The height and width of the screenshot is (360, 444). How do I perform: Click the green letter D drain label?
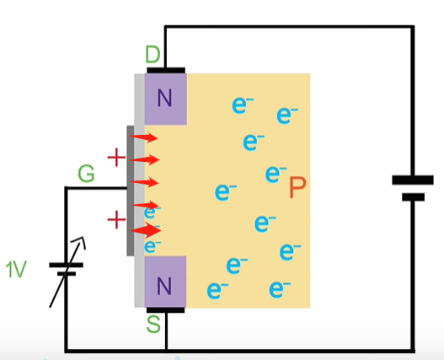pyautogui.click(x=152, y=54)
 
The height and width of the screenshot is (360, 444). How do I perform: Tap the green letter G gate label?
pyautogui.click(x=86, y=174)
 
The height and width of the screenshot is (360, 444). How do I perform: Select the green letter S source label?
pyautogui.click(x=153, y=324)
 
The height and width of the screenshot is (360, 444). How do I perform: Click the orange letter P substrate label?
pyautogui.click(x=297, y=187)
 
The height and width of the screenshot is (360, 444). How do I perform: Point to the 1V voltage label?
pyautogui.click(x=16, y=269)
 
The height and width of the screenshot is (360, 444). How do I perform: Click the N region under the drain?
pyautogui.click(x=165, y=99)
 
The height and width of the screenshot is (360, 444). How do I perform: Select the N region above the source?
pyautogui.click(x=165, y=282)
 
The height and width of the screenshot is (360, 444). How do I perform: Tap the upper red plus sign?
pyautogui.click(x=116, y=158)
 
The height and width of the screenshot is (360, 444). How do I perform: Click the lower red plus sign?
pyautogui.click(x=116, y=220)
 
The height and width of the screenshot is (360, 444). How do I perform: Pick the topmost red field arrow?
pyautogui.click(x=143, y=137)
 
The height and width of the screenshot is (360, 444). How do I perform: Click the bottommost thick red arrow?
pyautogui.click(x=146, y=230)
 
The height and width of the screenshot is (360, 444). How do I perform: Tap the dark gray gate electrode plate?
pyautogui.click(x=131, y=191)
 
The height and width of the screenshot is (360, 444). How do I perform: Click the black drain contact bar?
pyautogui.click(x=166, y=70)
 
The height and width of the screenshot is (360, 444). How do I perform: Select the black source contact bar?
pyautogui.click(x=166, y=310)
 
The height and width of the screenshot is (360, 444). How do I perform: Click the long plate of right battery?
pyautogui.click(x=413, y=180)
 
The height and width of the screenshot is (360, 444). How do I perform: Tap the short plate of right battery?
pyautogui.click(x=413, y=197)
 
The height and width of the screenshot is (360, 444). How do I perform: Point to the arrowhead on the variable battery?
pyautogui.click(x=80, y=241)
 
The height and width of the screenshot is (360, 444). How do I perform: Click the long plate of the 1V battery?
pyautogui.click(x=67, y=265)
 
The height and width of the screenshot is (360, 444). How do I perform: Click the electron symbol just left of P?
pyautogui.click(x=275, y=174)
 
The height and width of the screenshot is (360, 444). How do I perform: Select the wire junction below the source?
pyautogui.click(x=166, y=351)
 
